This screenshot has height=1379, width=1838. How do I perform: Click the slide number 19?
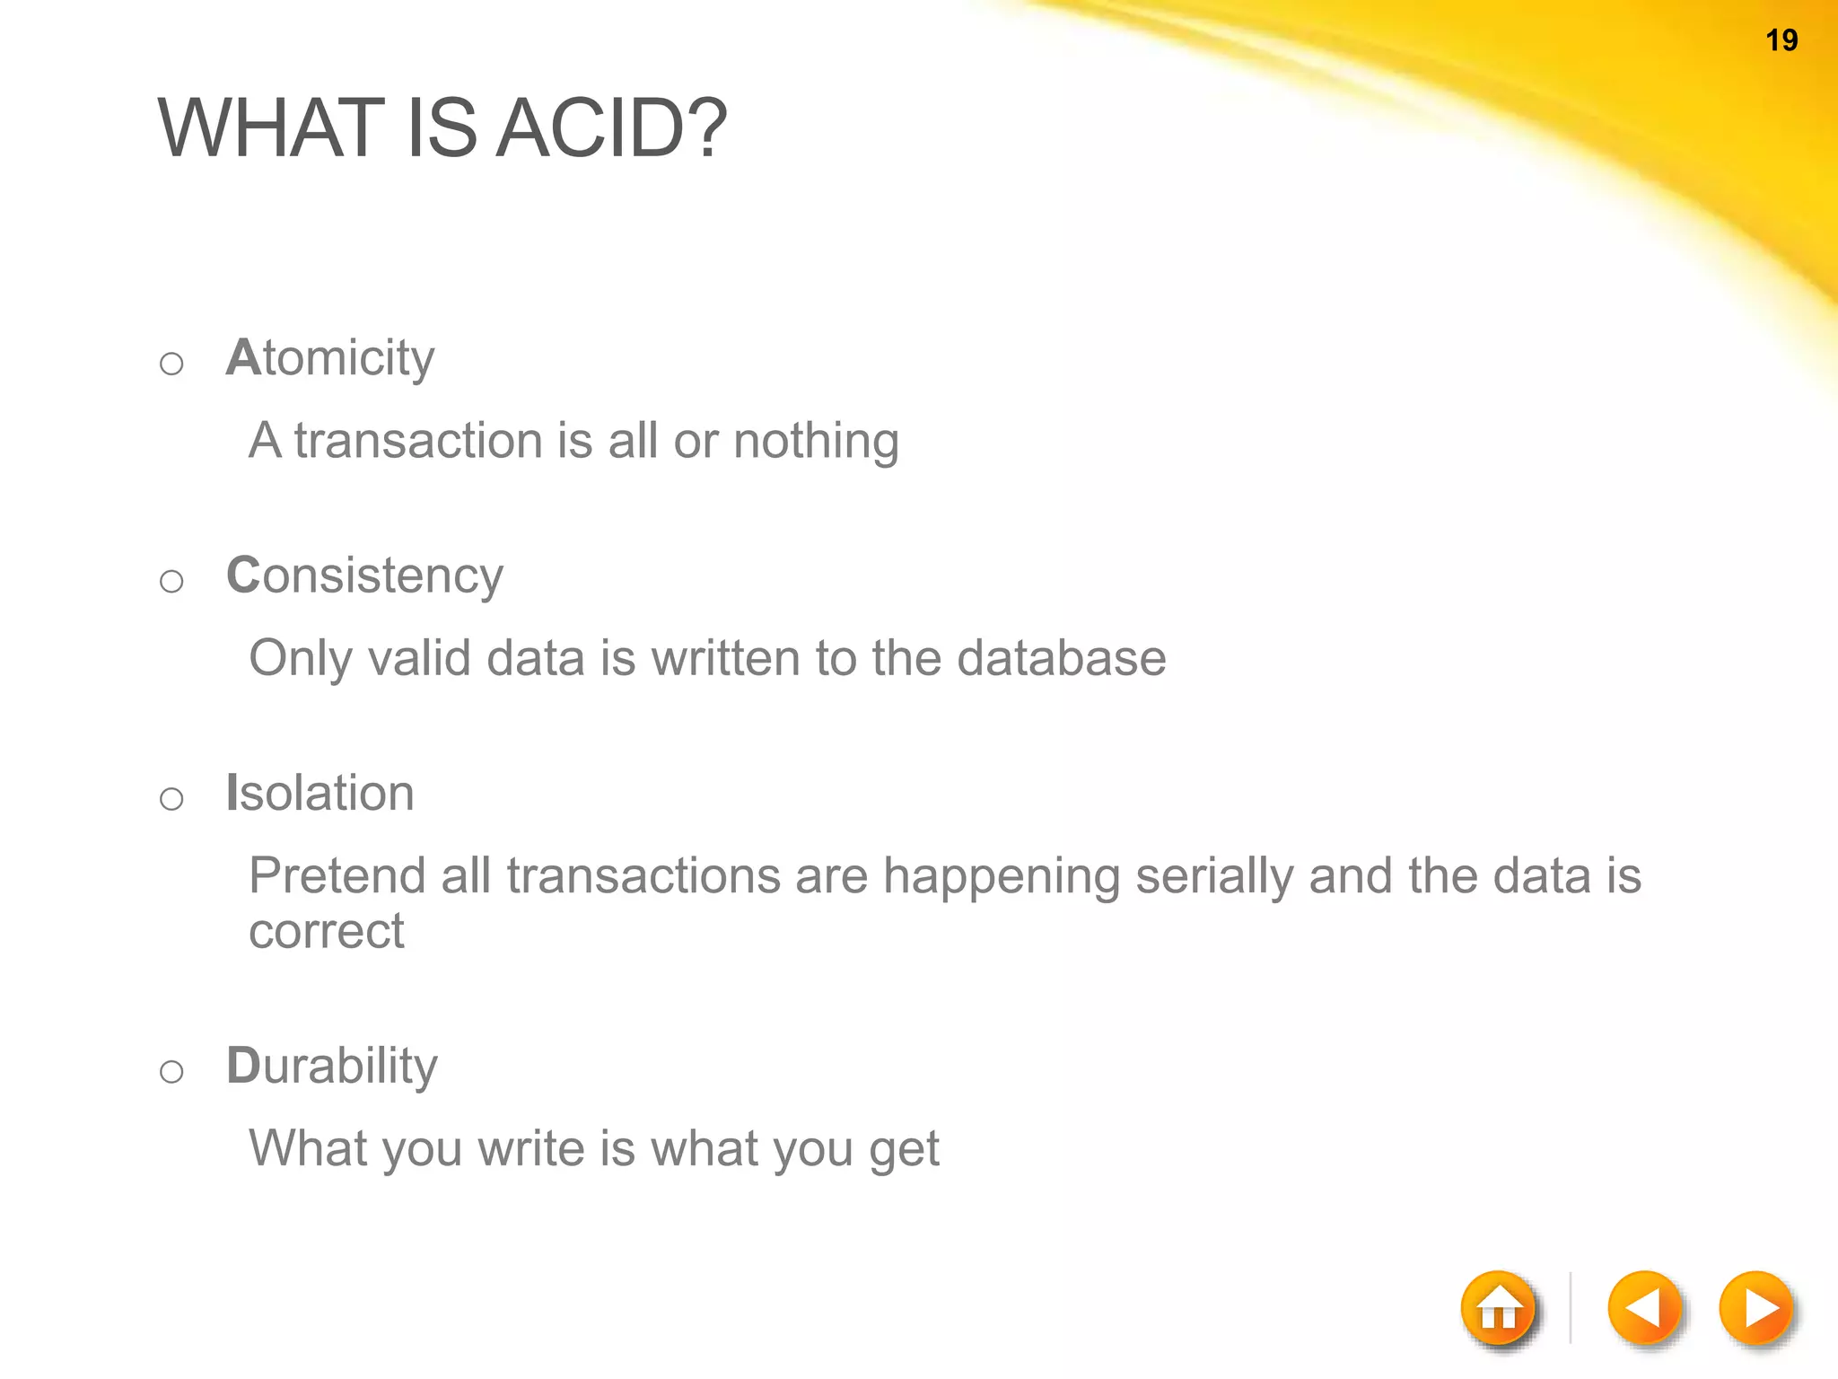pos(1781,40)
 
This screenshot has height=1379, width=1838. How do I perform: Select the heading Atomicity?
pos(330,358)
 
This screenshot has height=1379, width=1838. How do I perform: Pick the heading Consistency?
pos(364,575)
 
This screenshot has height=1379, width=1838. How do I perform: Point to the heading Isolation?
pos(320,793)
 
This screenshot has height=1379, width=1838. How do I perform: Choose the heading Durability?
pos(332,1066)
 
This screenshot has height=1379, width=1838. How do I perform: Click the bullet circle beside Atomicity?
pos(171,364)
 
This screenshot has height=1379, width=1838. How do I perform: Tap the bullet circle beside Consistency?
pos(171,582)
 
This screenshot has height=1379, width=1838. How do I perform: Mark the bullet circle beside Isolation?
pos(171,799)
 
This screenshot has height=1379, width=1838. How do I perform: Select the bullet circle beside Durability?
pos(171,1071)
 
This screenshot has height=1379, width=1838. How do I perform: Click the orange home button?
pos(1499,1309)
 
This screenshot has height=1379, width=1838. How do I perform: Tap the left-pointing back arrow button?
pos(1644,1308)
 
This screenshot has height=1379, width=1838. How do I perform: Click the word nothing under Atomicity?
pos(816,442)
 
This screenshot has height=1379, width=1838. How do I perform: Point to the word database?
pos(1061,658)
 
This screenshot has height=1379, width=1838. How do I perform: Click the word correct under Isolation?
pos(327,931)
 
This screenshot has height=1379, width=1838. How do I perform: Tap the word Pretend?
pos(337,876)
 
